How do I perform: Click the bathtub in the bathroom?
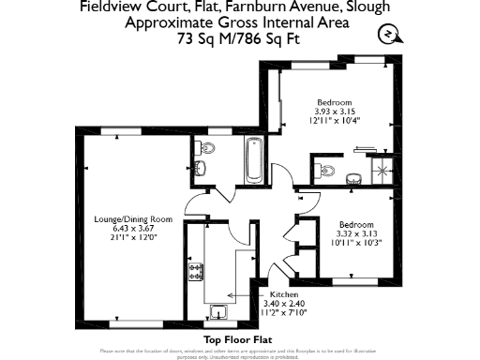click(x=252, y=154)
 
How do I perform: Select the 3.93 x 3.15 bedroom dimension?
click(x=333, y=112)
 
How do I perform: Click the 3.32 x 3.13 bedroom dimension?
click(x=356, y=234)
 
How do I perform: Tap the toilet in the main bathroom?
click(x=207, y=147)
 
